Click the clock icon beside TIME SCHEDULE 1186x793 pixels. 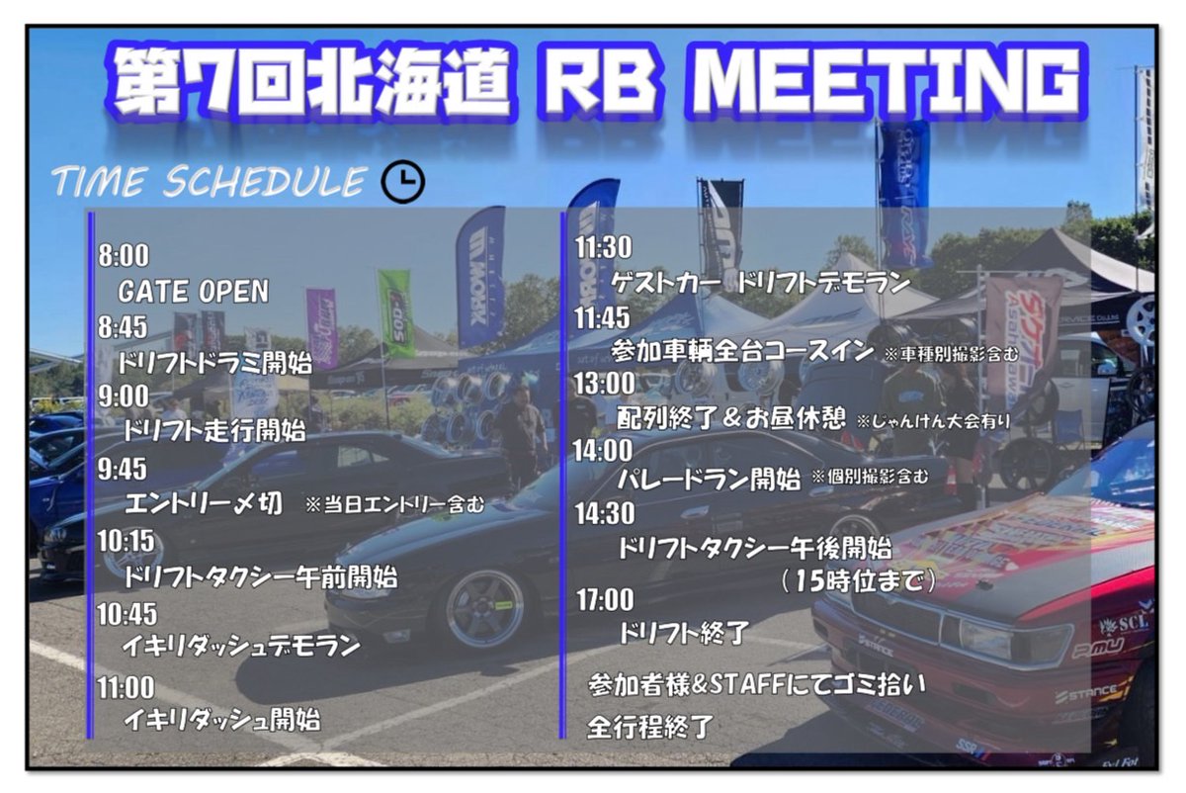(x=402, y=181)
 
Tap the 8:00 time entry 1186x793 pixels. (x=124, y=256)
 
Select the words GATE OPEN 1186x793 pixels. (x=193, y=292)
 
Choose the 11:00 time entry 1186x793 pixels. (x=127, y=685)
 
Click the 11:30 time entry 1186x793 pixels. (x=604, y=247)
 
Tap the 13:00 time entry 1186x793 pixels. (x=604, y=383)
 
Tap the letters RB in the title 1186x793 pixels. (x=596, y=78)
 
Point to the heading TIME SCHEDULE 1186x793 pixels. (x=210, y=182)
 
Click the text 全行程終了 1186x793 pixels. (x=649, y=727)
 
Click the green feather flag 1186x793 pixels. (x=396, y=311)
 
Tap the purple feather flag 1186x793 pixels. (x=321, y=326)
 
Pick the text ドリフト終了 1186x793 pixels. (x=683, y=633)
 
